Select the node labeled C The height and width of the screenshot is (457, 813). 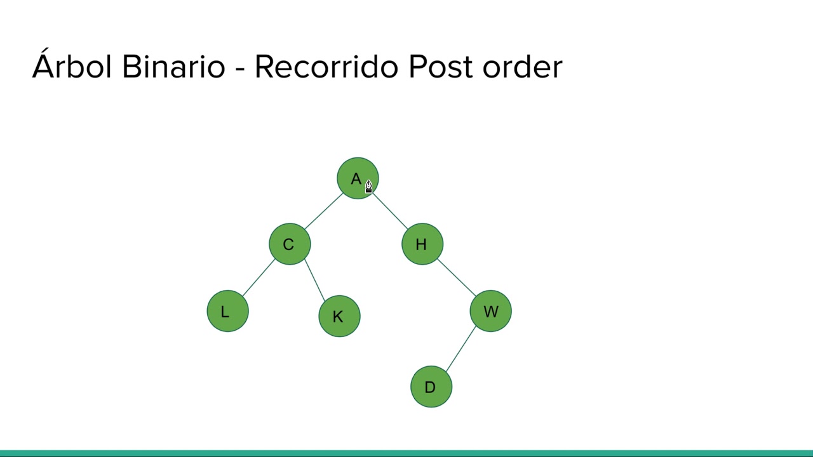[290, 244]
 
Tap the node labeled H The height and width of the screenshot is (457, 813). [422, 244]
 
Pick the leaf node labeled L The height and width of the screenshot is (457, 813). [227, 311]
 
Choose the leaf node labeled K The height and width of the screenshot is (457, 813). [339, 316]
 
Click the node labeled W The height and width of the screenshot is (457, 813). [490, 311]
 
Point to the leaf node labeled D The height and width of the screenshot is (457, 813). [431, 387]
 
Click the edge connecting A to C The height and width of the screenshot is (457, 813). [323, 211]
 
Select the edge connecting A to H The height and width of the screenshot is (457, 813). [389, 211]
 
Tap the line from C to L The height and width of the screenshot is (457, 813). [258, 278]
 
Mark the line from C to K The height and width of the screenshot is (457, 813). [314, 279]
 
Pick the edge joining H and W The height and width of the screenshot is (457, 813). [456, 277]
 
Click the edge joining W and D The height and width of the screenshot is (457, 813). [460, 349]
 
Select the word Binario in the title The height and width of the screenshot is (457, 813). [173, 67]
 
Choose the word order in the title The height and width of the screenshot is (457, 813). [522, 67]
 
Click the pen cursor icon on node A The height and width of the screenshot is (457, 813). [368, 186]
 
